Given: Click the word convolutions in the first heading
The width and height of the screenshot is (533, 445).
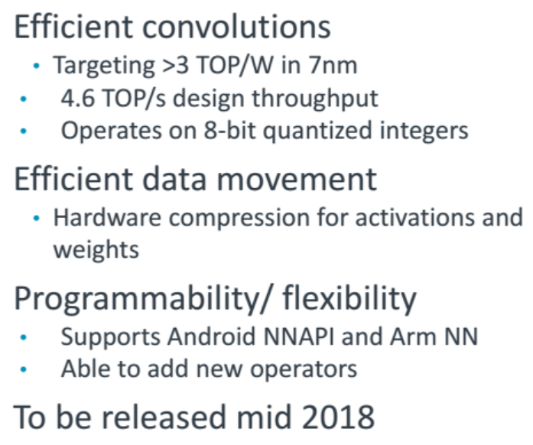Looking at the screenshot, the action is pyautogui.click(x=236, y=28).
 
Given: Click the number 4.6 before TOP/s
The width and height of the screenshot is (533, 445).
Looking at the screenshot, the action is pyautogui.click(x=77, y=98).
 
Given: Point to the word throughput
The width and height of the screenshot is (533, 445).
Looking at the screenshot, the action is pyautogui.click(x=315, y=99).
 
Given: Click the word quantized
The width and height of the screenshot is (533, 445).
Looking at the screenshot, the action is pyautogui.click(x=317, y=132).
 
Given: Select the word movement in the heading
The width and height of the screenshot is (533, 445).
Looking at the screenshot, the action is pyautogui.click(x=297, y=179).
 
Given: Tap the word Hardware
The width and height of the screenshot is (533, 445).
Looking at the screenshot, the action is pyautogui.click(x=107, y=217).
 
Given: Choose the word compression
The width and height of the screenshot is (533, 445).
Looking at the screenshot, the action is pyautogui.click(x=239, y=218).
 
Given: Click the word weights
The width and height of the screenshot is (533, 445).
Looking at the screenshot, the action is pyautogui.click(x=96, y=250).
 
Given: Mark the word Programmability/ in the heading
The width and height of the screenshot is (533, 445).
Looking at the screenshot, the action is pyautogui.click(x=143, y=299).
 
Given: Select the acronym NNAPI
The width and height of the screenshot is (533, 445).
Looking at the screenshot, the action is pyautogui.click(x=298, y=336).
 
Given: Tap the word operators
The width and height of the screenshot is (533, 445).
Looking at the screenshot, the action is pyautogui.click(x=304, y=369).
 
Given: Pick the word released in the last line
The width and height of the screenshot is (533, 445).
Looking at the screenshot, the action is pyautogui.click(x=164, y=417).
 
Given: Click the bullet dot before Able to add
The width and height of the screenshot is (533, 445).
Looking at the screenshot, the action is pyautogui.click(x=24, y=369).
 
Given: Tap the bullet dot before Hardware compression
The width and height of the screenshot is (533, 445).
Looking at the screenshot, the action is pyautogui.click(x=37, y=218).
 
